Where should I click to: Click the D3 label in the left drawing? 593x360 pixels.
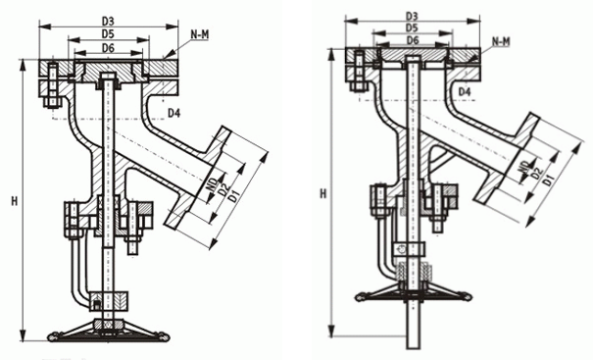tap(109, 20)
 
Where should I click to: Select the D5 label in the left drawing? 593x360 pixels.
tap(109, 33)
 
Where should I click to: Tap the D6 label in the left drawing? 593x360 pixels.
tap(109, 47)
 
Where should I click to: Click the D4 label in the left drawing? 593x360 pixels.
tap(173, 114)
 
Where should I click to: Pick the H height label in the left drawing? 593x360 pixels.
tap(14, 201)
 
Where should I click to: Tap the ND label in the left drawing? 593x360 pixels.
tap(214, 183)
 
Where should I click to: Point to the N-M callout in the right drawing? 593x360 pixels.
tap(500, 40)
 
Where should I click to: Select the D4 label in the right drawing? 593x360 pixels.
tap(466, 91)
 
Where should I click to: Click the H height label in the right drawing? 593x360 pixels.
tap(322, 194)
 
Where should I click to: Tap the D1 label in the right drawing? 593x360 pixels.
tap(550, 179)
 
